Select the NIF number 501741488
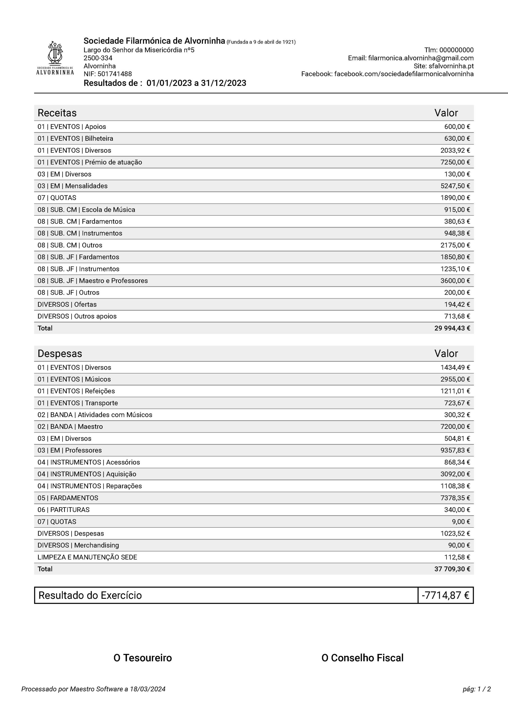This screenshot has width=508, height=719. pyautogui.click(x=115, y=74)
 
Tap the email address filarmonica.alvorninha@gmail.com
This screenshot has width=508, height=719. pyautogui.click(x=421, y=58)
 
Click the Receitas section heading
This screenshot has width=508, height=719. pyautogui.click(x=57, y=113)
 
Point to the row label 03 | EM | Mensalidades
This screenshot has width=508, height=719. pyautogui.click(x=72, y=186)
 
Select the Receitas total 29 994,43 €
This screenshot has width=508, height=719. pyautogui.click(x=452, y=328)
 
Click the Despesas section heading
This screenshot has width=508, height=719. pyautogui.click(x=60, y=354)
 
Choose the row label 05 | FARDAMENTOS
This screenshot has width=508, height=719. pyautogui.click(x=68, y=498)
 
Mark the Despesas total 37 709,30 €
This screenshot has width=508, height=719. pyautogui.click(x=452, y=569)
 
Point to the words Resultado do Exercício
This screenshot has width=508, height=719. pyautogui.click(x=90, y=595)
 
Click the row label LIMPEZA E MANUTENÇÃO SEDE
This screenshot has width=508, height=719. pyautogui.click(x=87, y=557)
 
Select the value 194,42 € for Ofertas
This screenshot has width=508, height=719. pyautogui.click(x=457, y=304)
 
